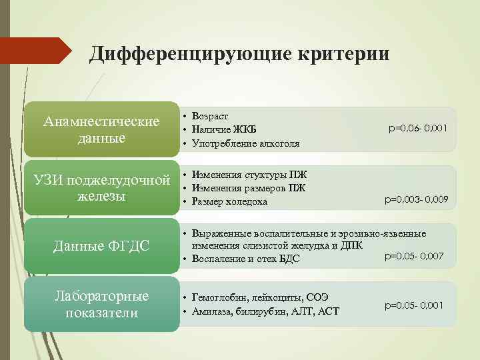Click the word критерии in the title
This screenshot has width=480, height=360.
coord(340,53)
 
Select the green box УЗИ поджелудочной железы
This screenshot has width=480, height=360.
coord(101,188)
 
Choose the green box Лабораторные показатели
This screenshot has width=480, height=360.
coord(101,305)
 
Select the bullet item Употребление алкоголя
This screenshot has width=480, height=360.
coord(245,143)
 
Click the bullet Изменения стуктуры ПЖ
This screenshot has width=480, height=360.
coord(249,174)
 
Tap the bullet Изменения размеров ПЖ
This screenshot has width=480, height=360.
coord(249,187)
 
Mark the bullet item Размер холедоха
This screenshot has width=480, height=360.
coord(229,201)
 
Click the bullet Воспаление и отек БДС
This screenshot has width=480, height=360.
coord(245,259)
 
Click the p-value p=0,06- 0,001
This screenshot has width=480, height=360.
coord(417,127)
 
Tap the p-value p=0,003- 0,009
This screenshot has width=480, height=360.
coord(416,199)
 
